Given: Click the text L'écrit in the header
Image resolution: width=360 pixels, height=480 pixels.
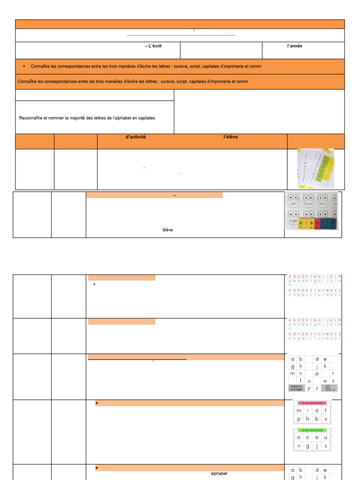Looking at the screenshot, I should [x=155, y=46].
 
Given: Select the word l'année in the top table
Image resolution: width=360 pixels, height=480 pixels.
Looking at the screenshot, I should [x=294, y=46].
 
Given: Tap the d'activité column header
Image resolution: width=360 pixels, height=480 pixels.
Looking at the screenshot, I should [x=136, y=137].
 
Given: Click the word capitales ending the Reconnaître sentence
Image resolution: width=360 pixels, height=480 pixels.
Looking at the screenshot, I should [x=145, y=118].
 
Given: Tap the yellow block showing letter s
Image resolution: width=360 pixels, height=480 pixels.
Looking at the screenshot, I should [x=300, y=223].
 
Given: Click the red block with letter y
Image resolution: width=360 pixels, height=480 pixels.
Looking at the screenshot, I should [x=317, y=223].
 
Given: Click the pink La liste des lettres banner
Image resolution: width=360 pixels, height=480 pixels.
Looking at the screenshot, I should [x=312, y=403].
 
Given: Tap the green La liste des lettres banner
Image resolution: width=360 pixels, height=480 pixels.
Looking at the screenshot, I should [x=312, y=430].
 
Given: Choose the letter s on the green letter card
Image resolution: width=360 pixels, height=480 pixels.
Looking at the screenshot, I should [x=326, y=446].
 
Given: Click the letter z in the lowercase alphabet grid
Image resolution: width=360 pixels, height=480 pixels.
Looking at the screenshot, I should [x=316, y=388].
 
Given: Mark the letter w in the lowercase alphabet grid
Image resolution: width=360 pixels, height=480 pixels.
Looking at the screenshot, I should [x=325, y=381].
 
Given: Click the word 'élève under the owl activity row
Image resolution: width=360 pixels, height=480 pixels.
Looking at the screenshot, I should [x=167, y=230].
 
